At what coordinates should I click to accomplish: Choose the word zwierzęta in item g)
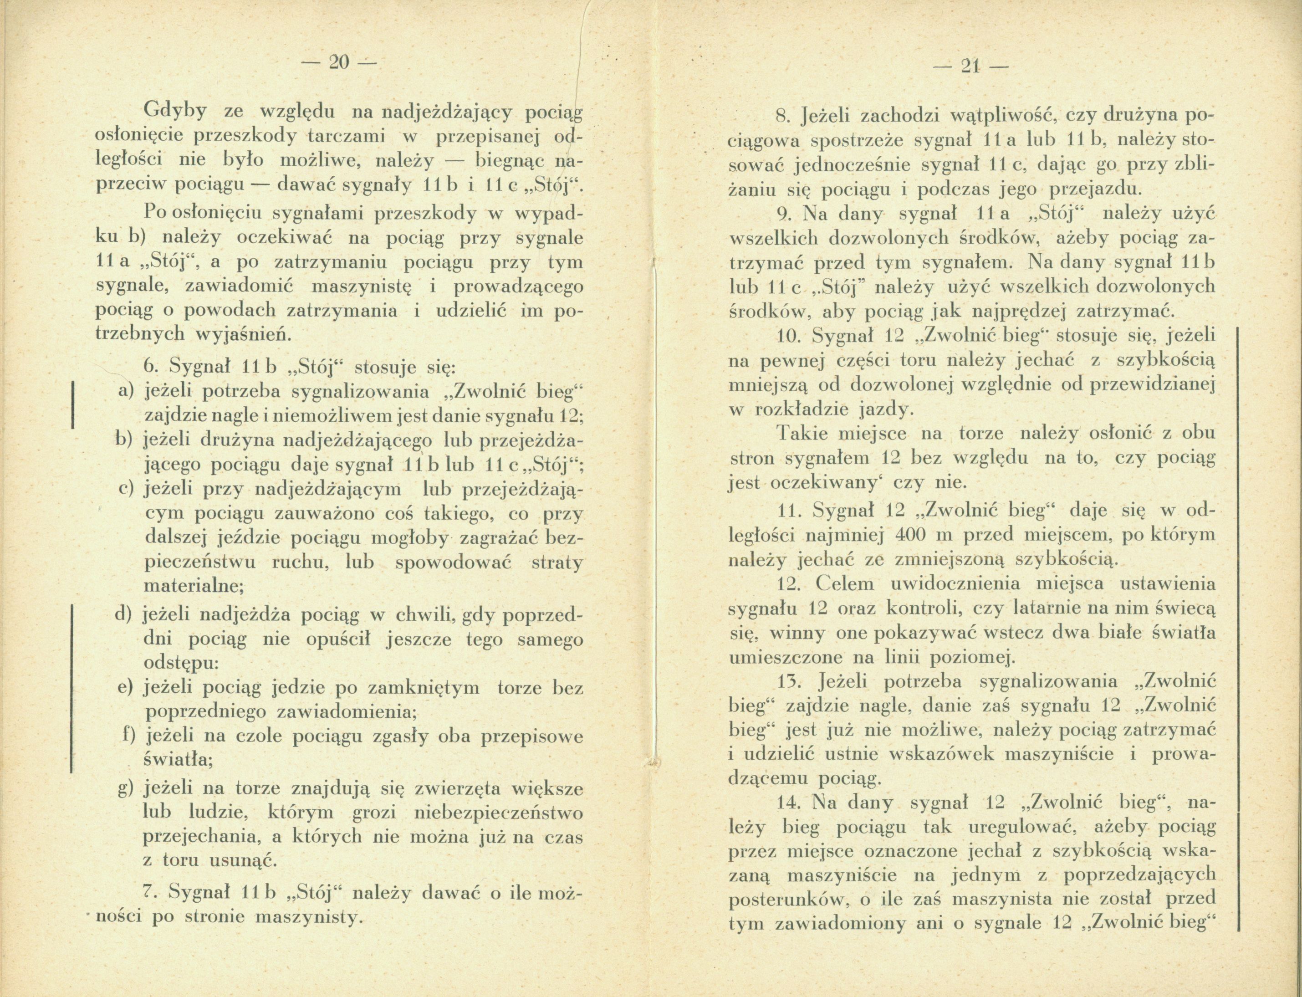coord(460,789)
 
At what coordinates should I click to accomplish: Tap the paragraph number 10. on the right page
coord(789,336)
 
